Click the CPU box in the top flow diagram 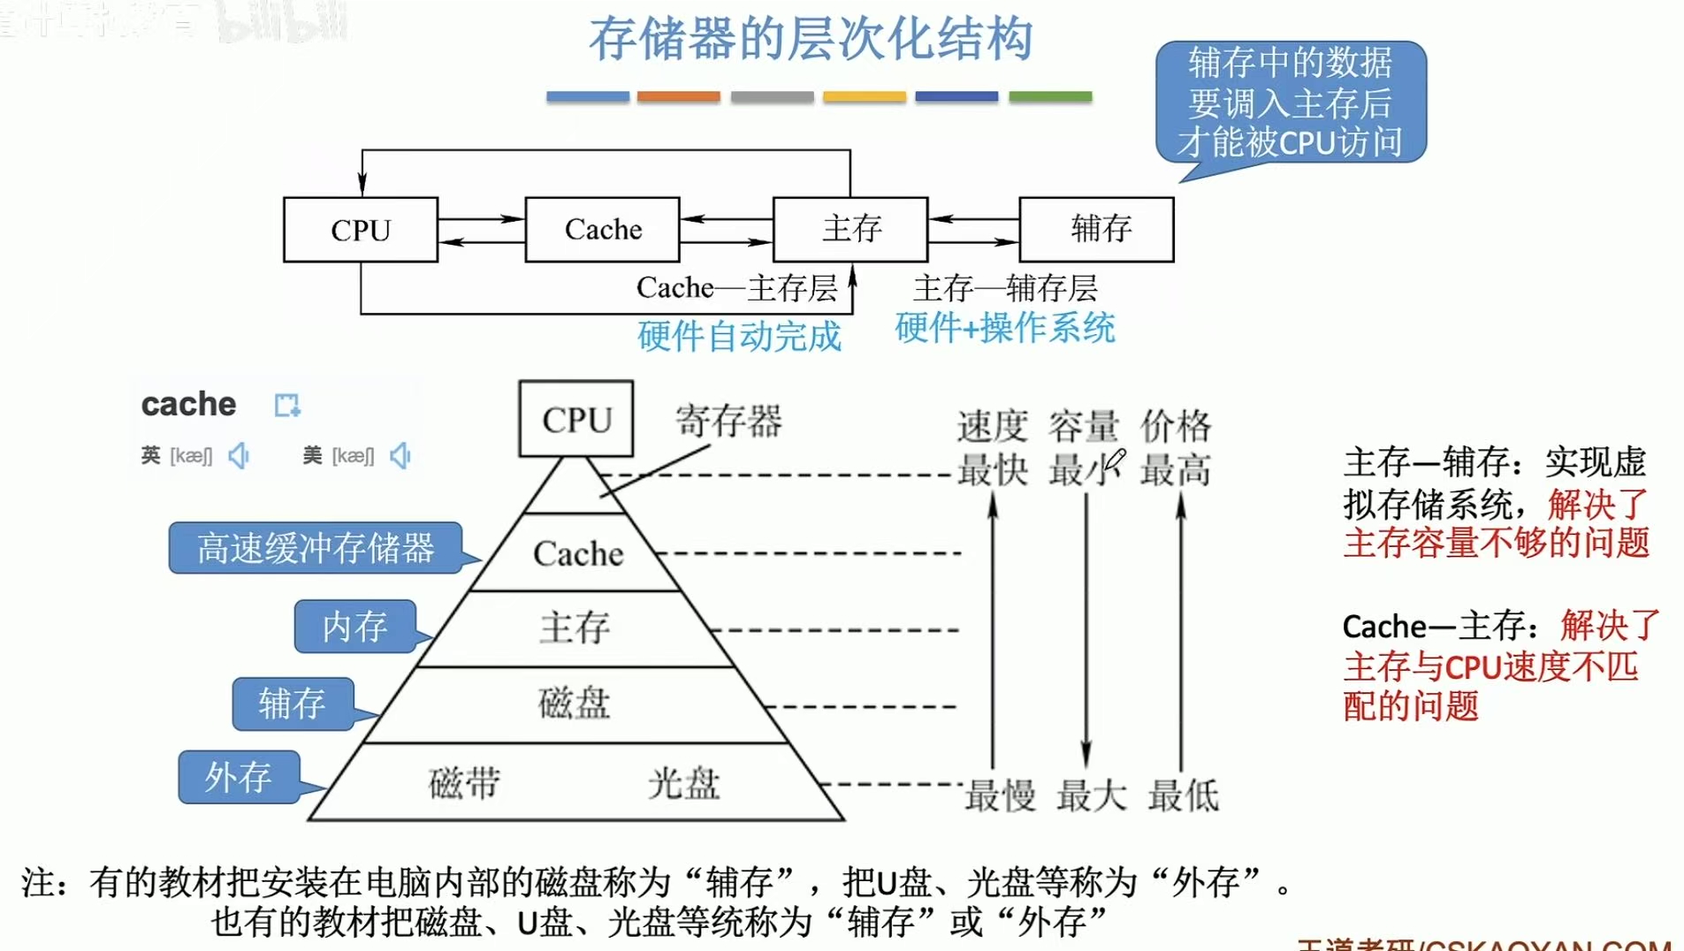360,230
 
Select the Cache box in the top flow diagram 603,230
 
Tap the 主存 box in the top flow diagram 850,230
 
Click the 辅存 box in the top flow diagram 1097,230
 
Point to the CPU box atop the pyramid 576,419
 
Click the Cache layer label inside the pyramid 578,554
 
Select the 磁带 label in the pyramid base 464,783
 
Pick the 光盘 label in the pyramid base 683,783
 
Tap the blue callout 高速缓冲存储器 316,548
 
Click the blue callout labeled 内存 354,627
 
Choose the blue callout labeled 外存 239,777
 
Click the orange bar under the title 678,96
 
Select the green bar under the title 1050,96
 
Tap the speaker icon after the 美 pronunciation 400,455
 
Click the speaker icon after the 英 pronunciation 239,455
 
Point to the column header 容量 1084,426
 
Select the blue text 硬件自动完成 739,337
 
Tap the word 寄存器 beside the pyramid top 728,421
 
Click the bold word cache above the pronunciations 188,404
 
